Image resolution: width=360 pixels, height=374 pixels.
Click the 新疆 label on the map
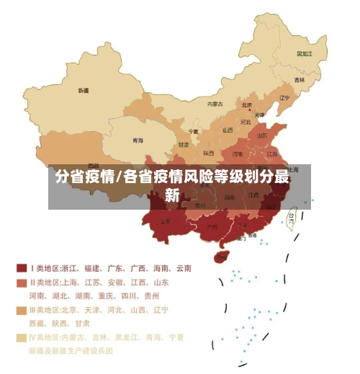[84, 91]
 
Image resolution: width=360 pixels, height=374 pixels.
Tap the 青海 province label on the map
[137, 141]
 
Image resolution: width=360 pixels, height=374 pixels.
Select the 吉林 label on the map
[299, 80]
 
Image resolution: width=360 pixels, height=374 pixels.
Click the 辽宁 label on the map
[284, 98]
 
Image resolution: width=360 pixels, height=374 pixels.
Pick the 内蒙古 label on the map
[215, 104]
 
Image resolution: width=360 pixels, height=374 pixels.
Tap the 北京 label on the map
[247, 104]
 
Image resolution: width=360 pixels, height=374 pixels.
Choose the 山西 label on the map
[228, 130]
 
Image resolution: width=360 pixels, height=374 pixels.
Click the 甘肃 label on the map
[183, 145]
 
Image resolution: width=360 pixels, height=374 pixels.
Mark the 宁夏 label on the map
[193, 132]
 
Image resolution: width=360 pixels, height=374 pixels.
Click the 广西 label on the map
[212, 226]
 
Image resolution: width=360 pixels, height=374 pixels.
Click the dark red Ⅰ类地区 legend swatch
[22, 268]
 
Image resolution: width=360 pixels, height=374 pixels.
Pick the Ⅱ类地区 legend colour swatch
[22, 282]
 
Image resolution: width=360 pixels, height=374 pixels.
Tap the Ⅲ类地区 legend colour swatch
[22, 310]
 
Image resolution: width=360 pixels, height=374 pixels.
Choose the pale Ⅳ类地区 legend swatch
[22, 337]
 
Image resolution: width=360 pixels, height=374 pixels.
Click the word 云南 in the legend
[183, 268]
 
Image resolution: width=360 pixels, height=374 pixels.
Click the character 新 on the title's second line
[172, 194]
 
